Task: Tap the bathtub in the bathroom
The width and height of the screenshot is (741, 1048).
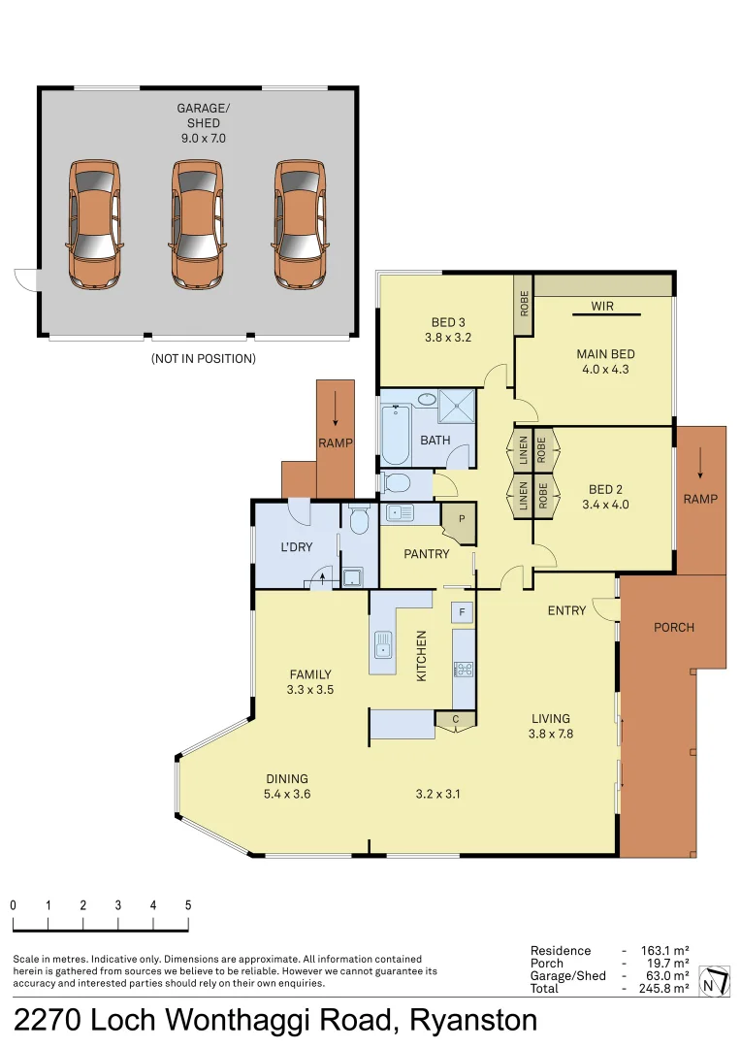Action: (x=395, y=435)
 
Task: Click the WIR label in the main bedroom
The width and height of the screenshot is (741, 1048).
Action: (x=604, y=307)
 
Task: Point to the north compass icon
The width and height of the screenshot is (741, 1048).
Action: (x=716, y=981)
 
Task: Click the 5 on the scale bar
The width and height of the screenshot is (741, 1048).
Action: (x=188, y=904)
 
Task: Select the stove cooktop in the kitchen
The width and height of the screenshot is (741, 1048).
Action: (x=463, y=669)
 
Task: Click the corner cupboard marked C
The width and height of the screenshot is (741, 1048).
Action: (x=454, y=719)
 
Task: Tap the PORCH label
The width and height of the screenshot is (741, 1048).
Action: (x=673, y=627)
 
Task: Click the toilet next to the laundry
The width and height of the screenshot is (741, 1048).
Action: (x=358, y=521)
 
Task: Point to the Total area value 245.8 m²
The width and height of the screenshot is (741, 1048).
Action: (x=664, y=988)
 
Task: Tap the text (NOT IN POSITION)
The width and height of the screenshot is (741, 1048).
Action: (x=203, y=358)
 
